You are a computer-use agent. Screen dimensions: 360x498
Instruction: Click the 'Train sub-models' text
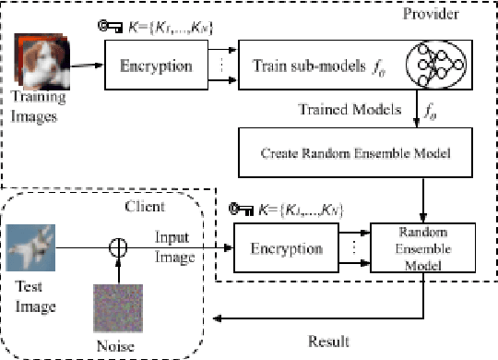coord(303,66)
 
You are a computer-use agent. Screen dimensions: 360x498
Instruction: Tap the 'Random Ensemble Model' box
coord(424,248)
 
